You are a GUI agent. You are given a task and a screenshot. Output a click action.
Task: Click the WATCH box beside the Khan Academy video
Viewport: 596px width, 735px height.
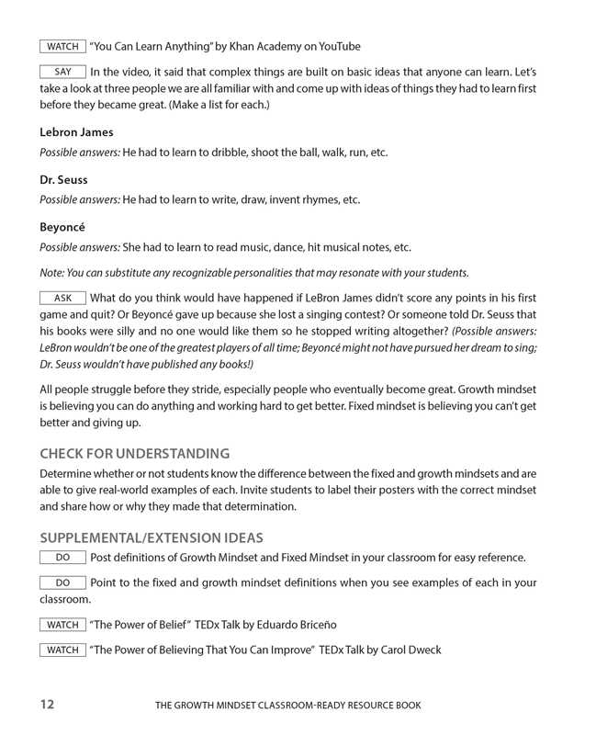click(x=62, y=46)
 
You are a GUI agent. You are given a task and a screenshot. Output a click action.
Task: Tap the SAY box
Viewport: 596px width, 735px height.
click(x=62, y=72)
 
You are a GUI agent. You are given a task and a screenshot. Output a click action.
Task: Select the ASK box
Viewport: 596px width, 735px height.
click(x=62, y=298)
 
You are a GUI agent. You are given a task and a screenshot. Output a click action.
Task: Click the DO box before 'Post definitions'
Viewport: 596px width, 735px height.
click(x=62, y=558)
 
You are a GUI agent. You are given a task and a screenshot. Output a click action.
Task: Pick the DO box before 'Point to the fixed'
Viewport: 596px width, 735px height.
click(x=62, y=582)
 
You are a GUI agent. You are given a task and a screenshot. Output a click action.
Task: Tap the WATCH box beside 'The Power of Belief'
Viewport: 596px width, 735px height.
click(x=62, y=625)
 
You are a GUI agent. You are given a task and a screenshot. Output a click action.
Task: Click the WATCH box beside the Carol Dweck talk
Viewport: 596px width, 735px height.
click(x=62, y=650)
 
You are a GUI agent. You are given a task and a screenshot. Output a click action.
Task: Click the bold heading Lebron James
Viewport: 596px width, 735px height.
click(x=76, y=132)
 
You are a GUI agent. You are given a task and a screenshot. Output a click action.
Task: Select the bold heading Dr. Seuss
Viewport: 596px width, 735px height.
click(x=63, y=180)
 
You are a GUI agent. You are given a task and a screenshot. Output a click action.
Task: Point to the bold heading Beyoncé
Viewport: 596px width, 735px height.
click(x=63, y=227)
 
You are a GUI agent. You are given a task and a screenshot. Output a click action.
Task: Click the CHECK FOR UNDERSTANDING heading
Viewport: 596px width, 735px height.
click(x=134, y=454)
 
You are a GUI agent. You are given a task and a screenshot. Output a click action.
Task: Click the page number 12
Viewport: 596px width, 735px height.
click(x=48, y=705)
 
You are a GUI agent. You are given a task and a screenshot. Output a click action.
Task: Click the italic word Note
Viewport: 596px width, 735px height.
click(x=51, y=272)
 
